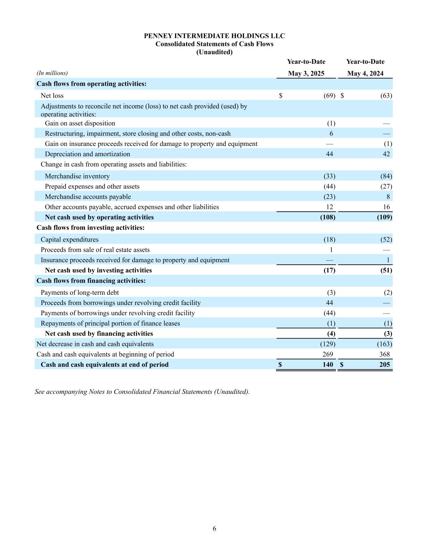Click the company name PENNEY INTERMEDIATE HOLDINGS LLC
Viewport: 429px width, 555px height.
pos(214,36)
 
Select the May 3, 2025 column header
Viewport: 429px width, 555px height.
pos(306,74)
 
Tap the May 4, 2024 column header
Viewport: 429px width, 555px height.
pos(365,74)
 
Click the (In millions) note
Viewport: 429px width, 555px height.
pos(52,73)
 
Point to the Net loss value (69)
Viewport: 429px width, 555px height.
pos(329,96)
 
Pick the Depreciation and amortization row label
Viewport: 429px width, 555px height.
pos(87,154)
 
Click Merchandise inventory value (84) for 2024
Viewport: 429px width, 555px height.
pos(386,176)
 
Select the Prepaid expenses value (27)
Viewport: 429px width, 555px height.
pos(386,186)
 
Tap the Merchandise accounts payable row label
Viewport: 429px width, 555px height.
pos(88,197)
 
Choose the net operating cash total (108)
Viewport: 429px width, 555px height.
pos(328,217)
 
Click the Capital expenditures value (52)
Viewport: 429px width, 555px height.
pos(386,239)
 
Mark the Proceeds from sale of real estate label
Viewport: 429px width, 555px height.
pos(95,250)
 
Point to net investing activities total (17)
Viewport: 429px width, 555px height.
pos(329,270)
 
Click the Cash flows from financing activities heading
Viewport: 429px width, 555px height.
pos(91,281)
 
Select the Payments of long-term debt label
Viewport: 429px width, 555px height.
pos(80,292)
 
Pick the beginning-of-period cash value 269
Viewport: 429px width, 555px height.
pos(327,354)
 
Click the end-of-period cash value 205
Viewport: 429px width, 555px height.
pos(384,365)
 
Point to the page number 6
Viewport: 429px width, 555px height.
pos(214,529)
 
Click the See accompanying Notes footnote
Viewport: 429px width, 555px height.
pos(142,392)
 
